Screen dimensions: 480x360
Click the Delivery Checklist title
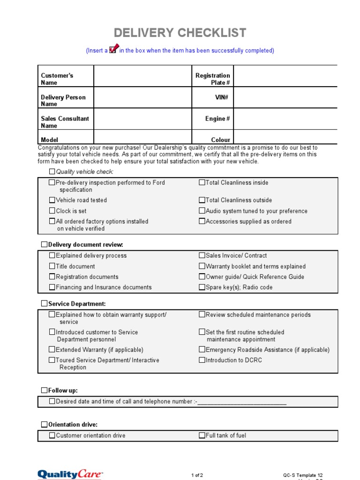(x=180, y=33)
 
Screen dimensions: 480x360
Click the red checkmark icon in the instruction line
(x=113, y=49)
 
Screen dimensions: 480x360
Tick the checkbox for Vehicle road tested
(x=52, y=200)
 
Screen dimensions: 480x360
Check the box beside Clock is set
(x=52, y=211)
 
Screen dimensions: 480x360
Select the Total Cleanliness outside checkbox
(x=202, y=200)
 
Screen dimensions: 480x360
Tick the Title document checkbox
(x=52, y=266)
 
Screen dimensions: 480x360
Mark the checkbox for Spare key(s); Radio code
(x=202, y=287)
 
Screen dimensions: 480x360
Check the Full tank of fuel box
(x=202, y=435)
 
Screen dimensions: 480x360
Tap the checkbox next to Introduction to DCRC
(x=202, y=360)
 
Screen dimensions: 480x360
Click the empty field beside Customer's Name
(x=143, y=76)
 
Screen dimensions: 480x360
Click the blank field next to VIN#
(x=285, y=97)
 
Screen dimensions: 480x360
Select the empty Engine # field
(x=285, y=119)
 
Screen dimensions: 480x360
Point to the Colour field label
(x=220, y=140)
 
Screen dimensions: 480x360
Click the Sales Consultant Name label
(x=65, y=122)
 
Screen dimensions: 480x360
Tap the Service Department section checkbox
(x=44, y=304)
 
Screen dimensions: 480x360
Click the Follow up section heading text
(x=63, y=390)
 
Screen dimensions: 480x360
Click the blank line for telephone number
(x=242, y=402)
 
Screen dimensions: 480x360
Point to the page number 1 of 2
(x=197, y=475)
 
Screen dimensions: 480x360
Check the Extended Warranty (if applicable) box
(x=52, y=350)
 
